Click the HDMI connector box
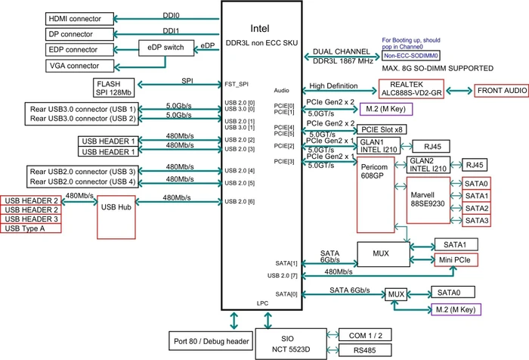(79, 19)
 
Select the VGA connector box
(79, 66)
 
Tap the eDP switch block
(166, 48)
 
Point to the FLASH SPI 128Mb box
(113, 88)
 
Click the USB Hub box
(116, 218)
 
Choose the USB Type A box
(31, 228)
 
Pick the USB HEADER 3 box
(31, 219)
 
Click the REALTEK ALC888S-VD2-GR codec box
(411, 89)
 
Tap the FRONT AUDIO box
(502, 91)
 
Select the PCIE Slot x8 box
(382, 129)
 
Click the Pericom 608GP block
(376, 195)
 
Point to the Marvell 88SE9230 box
(428, 200)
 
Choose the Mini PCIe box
(456, 259)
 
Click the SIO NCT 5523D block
(291, 344)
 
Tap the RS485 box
(365, 350)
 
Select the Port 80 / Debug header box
(211, 341)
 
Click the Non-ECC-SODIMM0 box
(411, 56)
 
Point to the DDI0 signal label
(171, 16)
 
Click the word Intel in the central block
(260, 29)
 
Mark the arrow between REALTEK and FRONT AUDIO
(459, 91)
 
